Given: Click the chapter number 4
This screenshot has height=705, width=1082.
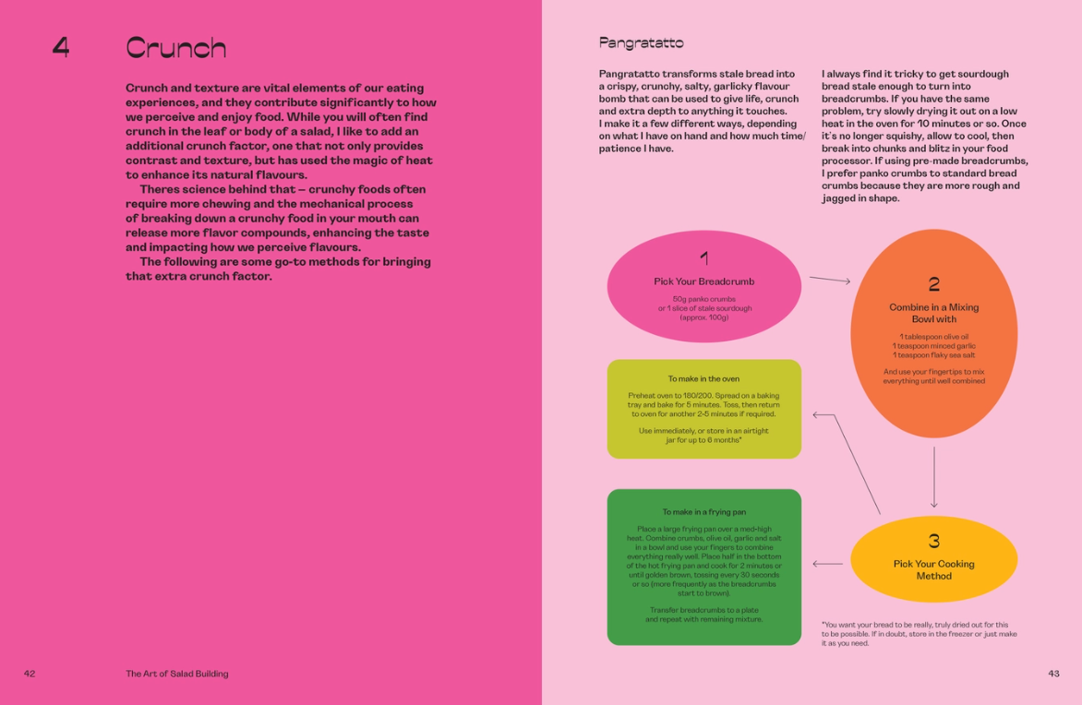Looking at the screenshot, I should pyautogui.click(x=60, y=47).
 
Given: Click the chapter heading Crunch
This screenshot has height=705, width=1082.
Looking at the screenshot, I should pyautogui.click(x=175, y=47).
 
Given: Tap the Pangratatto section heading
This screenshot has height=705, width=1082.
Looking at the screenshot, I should pyautogui.click(x=641, y=42).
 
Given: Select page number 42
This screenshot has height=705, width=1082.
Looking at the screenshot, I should pyautogui.click(x=30, y=674).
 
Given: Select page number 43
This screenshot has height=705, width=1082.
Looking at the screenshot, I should pyautogui.click(x=1053, y=674).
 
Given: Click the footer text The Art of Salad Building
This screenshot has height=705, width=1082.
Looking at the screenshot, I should pyautogui.click(x=177, y=674).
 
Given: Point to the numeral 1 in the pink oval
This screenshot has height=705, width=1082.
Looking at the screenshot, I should pyautogui.click(x=703, y=258).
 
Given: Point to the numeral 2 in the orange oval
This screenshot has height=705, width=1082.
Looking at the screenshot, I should pyautogui.click(x=933, y=284).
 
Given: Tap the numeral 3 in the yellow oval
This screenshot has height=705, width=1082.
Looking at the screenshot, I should pyautogui.click(x=933, y=541).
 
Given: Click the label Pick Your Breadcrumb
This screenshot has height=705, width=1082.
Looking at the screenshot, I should pyautogui.click(x=703, y=281).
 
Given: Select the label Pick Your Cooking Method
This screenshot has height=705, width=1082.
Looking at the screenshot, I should pyautogui.click(x=933, y=569).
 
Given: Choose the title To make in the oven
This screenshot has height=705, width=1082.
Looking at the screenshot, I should pyautogui.click(x=703, y=378).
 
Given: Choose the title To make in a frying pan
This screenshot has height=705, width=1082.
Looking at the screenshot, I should pyautogui.click(x=703, y=511).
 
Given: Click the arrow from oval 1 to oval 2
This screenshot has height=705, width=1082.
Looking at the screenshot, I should pyautogui.click(x=829, y=280).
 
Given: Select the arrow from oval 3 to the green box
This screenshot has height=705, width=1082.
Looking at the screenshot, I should pyautogui.click(x=827, y=564).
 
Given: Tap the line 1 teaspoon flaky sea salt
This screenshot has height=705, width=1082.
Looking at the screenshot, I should pyautogui.click(x=933, y=355).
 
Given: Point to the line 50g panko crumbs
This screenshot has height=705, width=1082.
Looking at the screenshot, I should pyautogui.click(x=703, y=298).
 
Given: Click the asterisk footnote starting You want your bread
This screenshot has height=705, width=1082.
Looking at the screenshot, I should pyautogui.click(x=919, y=634).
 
